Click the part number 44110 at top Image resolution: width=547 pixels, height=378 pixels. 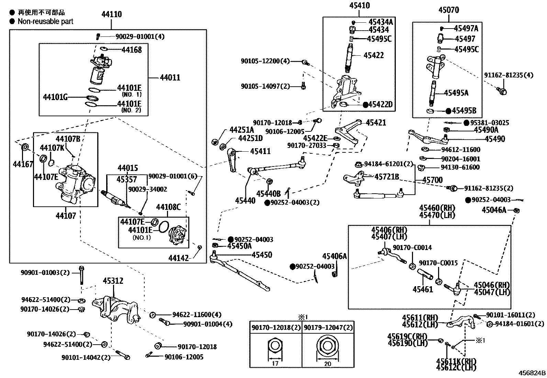(x=111, y=14)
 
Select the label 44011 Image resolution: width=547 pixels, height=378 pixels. (x=170, y=78)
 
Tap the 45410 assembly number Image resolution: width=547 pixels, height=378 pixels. (x=359, y=6)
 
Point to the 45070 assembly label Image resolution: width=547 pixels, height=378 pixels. (x=448, y=10)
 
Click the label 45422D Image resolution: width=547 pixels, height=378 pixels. (x=380, y=105)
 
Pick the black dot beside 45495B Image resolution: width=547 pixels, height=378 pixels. (x=448, y=111)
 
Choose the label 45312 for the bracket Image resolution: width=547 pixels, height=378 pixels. (x=113, y=281)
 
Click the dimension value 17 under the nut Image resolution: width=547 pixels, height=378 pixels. (x=275, y=363)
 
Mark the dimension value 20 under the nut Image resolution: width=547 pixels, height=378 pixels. (x=327, y=364)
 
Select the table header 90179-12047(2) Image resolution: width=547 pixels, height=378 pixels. (x=328, y=327)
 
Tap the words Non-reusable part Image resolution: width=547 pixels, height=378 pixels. (x=45, y=21)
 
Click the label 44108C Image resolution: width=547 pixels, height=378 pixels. (x=168, y=207)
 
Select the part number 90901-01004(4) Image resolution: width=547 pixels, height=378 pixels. (x=208, y=324)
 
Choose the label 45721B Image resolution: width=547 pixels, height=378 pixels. (x=387, y=177)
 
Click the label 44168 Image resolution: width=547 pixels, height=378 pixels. (x=132, y=50)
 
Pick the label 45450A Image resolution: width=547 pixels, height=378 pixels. (x=239, y=246)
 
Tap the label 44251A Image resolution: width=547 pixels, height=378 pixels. (x=242, y=130)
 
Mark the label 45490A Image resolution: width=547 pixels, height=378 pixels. (x=486, y=130)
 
